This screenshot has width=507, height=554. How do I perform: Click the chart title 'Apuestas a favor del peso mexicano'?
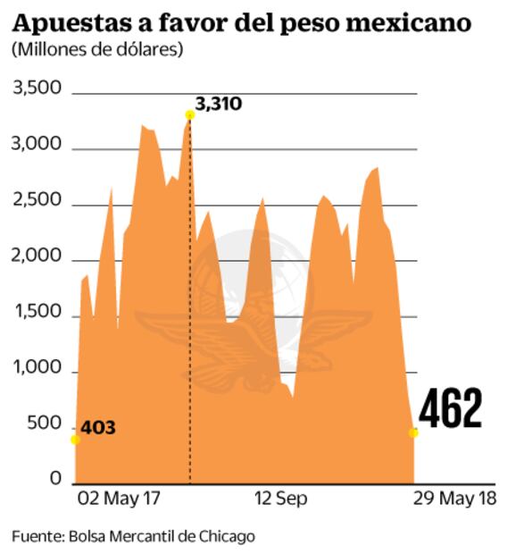tap(241, 21)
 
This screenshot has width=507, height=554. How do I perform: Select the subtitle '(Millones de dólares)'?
tap(97, 49)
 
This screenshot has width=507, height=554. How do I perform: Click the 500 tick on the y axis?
tap(44, 425)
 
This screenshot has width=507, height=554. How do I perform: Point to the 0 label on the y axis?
tap(54, 481)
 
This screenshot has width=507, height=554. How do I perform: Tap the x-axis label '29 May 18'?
tap(454, 499)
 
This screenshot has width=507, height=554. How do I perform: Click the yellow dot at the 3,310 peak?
tap(189, 114)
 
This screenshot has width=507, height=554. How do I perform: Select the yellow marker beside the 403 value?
tap(75, 440)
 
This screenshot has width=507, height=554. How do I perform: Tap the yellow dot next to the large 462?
tap(413, 432)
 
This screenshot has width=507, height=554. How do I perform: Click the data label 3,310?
tap(219, 105)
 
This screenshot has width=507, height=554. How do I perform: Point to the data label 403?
tap(98, 428)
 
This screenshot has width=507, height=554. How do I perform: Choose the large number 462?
tap(451, 409)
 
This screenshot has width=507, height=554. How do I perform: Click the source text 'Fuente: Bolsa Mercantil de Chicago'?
tap(134, 536)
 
